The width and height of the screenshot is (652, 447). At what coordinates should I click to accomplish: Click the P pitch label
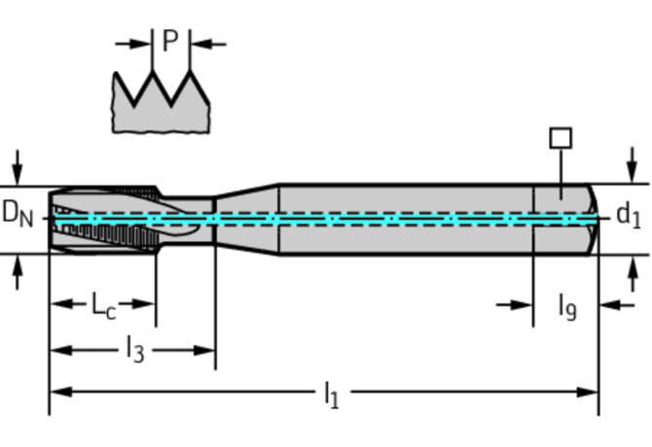[x=170, y=41]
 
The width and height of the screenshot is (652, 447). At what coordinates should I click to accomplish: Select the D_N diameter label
[x=17, y=213]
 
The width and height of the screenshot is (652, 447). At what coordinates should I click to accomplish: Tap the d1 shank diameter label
[x=629, y=215]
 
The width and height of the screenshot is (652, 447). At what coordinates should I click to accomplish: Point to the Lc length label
[x=103, y=305]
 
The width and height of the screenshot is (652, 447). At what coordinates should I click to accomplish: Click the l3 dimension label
[x=134, y=348]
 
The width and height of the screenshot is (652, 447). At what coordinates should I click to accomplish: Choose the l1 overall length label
[x=332, y=394]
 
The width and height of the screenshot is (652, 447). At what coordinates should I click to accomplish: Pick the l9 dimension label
[x=566, y=307]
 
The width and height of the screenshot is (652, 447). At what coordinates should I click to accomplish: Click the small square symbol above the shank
[x=561, y=138]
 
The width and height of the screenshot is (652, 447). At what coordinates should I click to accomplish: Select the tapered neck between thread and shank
[x=245, y=218]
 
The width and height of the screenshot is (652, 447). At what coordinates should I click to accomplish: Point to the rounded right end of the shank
[x=592, y=219]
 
